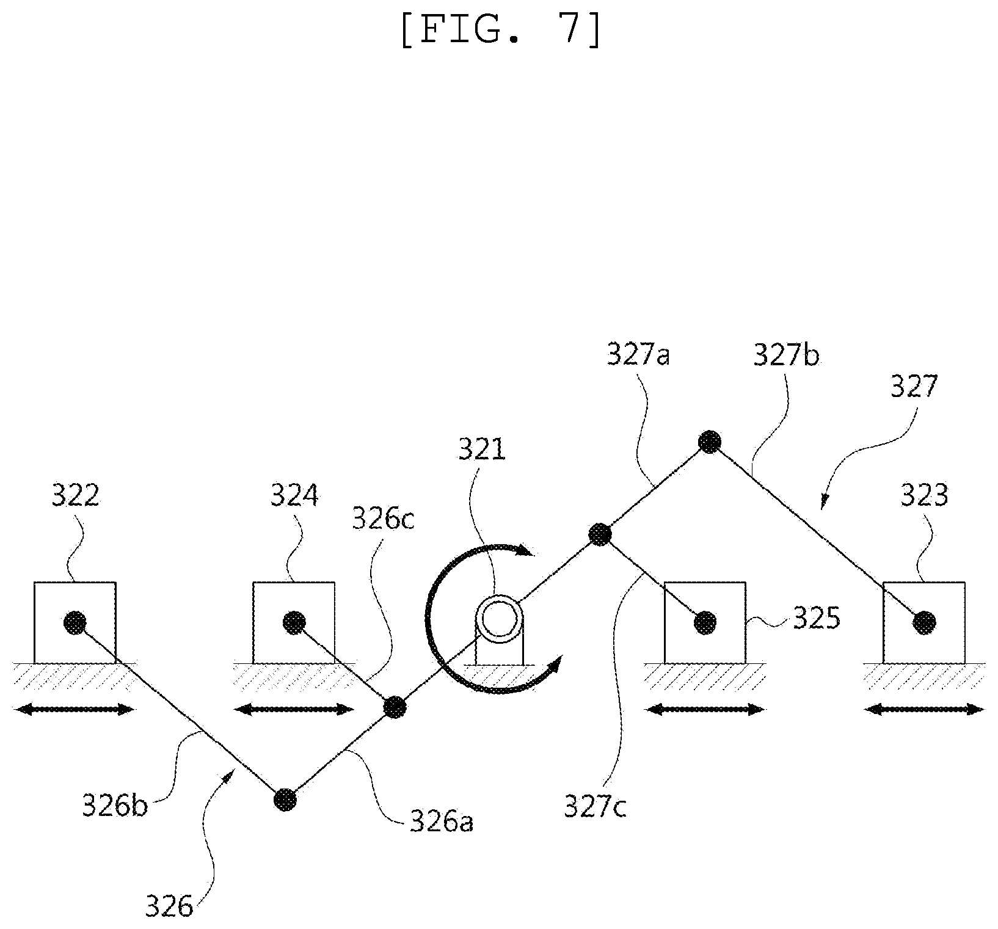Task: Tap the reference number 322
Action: click(x=75, y=495)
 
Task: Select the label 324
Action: click(x=294, y=495)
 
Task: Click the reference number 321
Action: click(x=483, y=451)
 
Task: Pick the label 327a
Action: click(x=638, y=354)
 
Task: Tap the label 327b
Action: click(x=786, y=354)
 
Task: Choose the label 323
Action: click(x=924, y=495)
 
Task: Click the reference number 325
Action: click(x=817, y=619)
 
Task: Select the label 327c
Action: click(x=595, y=806)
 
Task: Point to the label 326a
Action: click(x=441, y=822)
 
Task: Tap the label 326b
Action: click(x=115, y=806)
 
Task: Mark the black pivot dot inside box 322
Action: click(x=75, y=622)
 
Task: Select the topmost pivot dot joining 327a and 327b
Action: click(x=710, y=441)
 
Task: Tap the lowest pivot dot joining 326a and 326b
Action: click(x=285, y=799)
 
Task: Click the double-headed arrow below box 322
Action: click(x=74, y=709)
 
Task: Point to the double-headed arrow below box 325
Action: click(x=705, y=709)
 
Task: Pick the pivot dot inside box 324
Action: click(x=294, y=622)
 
